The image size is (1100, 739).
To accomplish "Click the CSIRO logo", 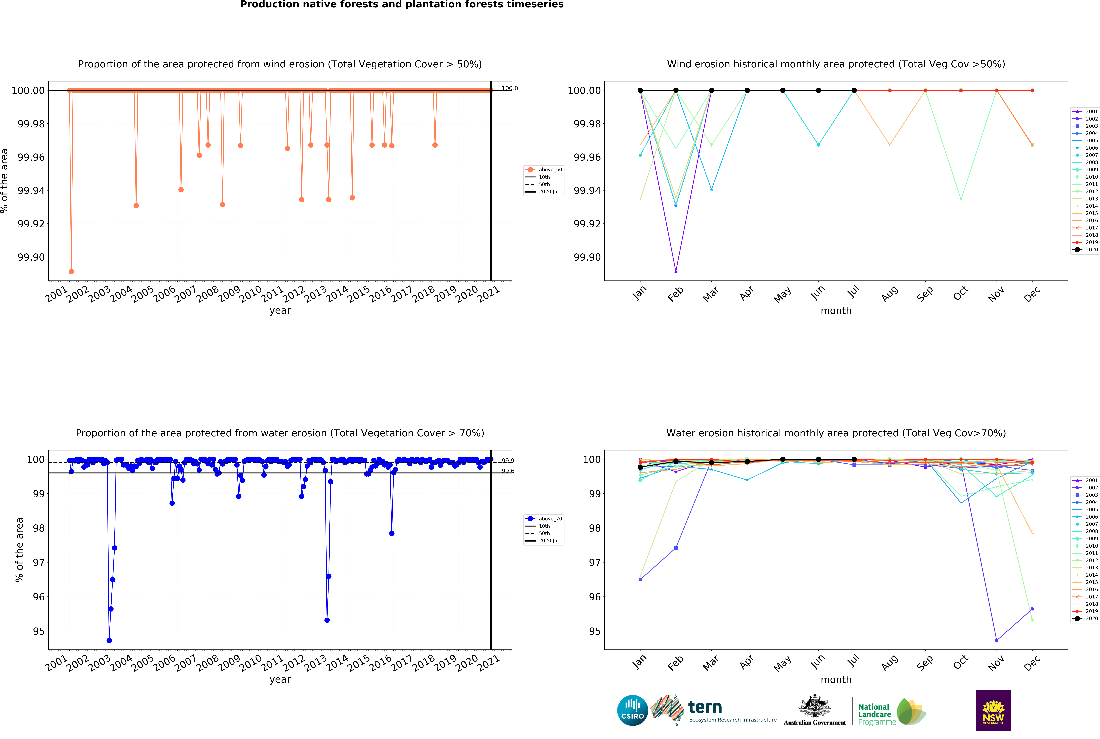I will tap(632, 710).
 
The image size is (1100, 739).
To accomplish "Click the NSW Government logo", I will tap(993, 710).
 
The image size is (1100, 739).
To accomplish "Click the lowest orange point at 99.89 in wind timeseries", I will tap(71, 271).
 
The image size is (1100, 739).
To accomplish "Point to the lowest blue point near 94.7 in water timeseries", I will tap(109, 640).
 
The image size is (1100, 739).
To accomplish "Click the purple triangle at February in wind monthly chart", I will tap(676, 271).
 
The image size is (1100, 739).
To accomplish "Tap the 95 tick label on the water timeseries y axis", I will tap(39, 631).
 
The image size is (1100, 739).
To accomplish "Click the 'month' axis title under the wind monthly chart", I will tap(836, 311).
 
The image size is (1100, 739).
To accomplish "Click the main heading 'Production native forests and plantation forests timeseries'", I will tap(402, 5).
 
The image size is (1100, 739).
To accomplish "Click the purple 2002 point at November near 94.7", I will tap(996, 640).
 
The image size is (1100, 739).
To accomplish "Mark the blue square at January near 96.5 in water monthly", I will tap(640, 580).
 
